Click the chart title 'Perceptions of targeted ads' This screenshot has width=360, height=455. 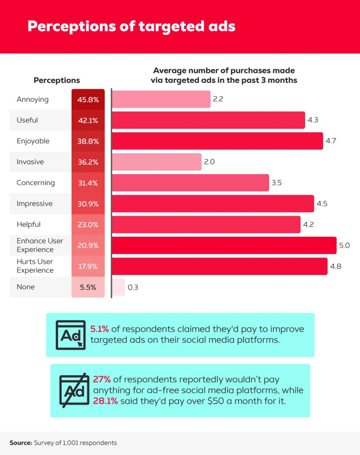click(x=131, y=26)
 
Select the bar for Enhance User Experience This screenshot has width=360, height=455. click(x=224, y=245)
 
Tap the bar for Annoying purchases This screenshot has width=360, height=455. click(x=161, y=99)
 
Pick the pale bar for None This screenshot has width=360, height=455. click(x=118, y=287)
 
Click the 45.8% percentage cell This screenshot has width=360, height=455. click(x=88, y=99)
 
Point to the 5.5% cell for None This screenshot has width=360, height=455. click(x=88, y=287)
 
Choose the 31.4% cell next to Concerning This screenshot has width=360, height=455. click(x=88, y=183)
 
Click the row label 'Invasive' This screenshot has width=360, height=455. click(x=30, y=162)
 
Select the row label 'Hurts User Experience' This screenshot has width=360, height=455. click(x=35, y=266)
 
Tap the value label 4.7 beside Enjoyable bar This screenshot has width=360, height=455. click(x=331, y=141)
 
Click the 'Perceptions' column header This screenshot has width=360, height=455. click(x=57, y=80)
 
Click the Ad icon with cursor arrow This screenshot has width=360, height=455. click(x=71, y=335)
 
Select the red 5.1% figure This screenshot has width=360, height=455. click(x=99, y=329)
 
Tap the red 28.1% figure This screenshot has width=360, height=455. click(x=105, y=401)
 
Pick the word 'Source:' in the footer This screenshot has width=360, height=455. click(x=20, y=442)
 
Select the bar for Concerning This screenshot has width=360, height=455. click(x=190, y=183)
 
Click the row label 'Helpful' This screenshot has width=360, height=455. click(x=29, y=224)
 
